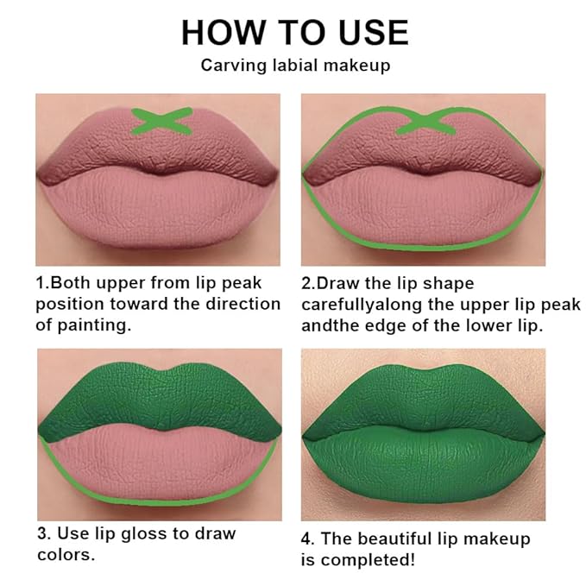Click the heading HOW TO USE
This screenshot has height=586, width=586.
point(293,32)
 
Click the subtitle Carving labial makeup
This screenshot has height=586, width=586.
point(293,66)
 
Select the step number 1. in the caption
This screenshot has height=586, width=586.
point(42,283)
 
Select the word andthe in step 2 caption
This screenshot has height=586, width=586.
point(328,325)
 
